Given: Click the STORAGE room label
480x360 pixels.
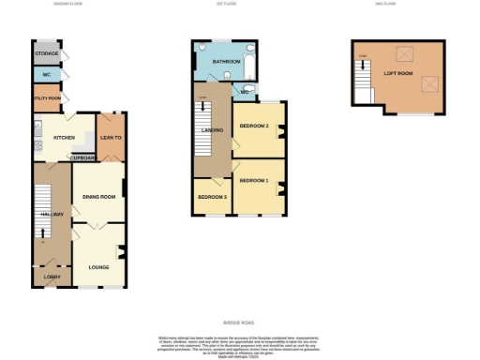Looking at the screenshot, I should pyautogui.click(x=45, y=54).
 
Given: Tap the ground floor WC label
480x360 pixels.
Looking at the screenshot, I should pyautogui.click(x=45, y=75).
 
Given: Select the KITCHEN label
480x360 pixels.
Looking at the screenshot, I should pyautogui.click(x=64, y=138).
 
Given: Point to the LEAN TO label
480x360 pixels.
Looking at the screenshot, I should pyautogui.click(x=112, y=138).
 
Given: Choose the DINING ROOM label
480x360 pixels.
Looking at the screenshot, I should pyautogui.click(x=98, y=196).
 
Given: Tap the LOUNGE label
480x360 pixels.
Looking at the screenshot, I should pyautogui.click(x=97, y=267).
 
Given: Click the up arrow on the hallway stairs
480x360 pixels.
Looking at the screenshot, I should pyautogui.click(x=42, y=232).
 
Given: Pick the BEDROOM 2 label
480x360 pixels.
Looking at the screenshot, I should pyautogui.click(x=254, y=125).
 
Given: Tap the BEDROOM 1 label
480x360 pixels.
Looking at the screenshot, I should pyautogui.click(x=254, y=179).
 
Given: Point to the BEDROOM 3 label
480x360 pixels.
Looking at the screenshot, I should pyautogui.click(x=211, y=196).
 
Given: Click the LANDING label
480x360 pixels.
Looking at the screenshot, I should pyautogui.click(x=213, y=129).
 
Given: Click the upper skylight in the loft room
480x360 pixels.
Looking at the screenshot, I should pyautogui.click(x=406, y=53).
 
